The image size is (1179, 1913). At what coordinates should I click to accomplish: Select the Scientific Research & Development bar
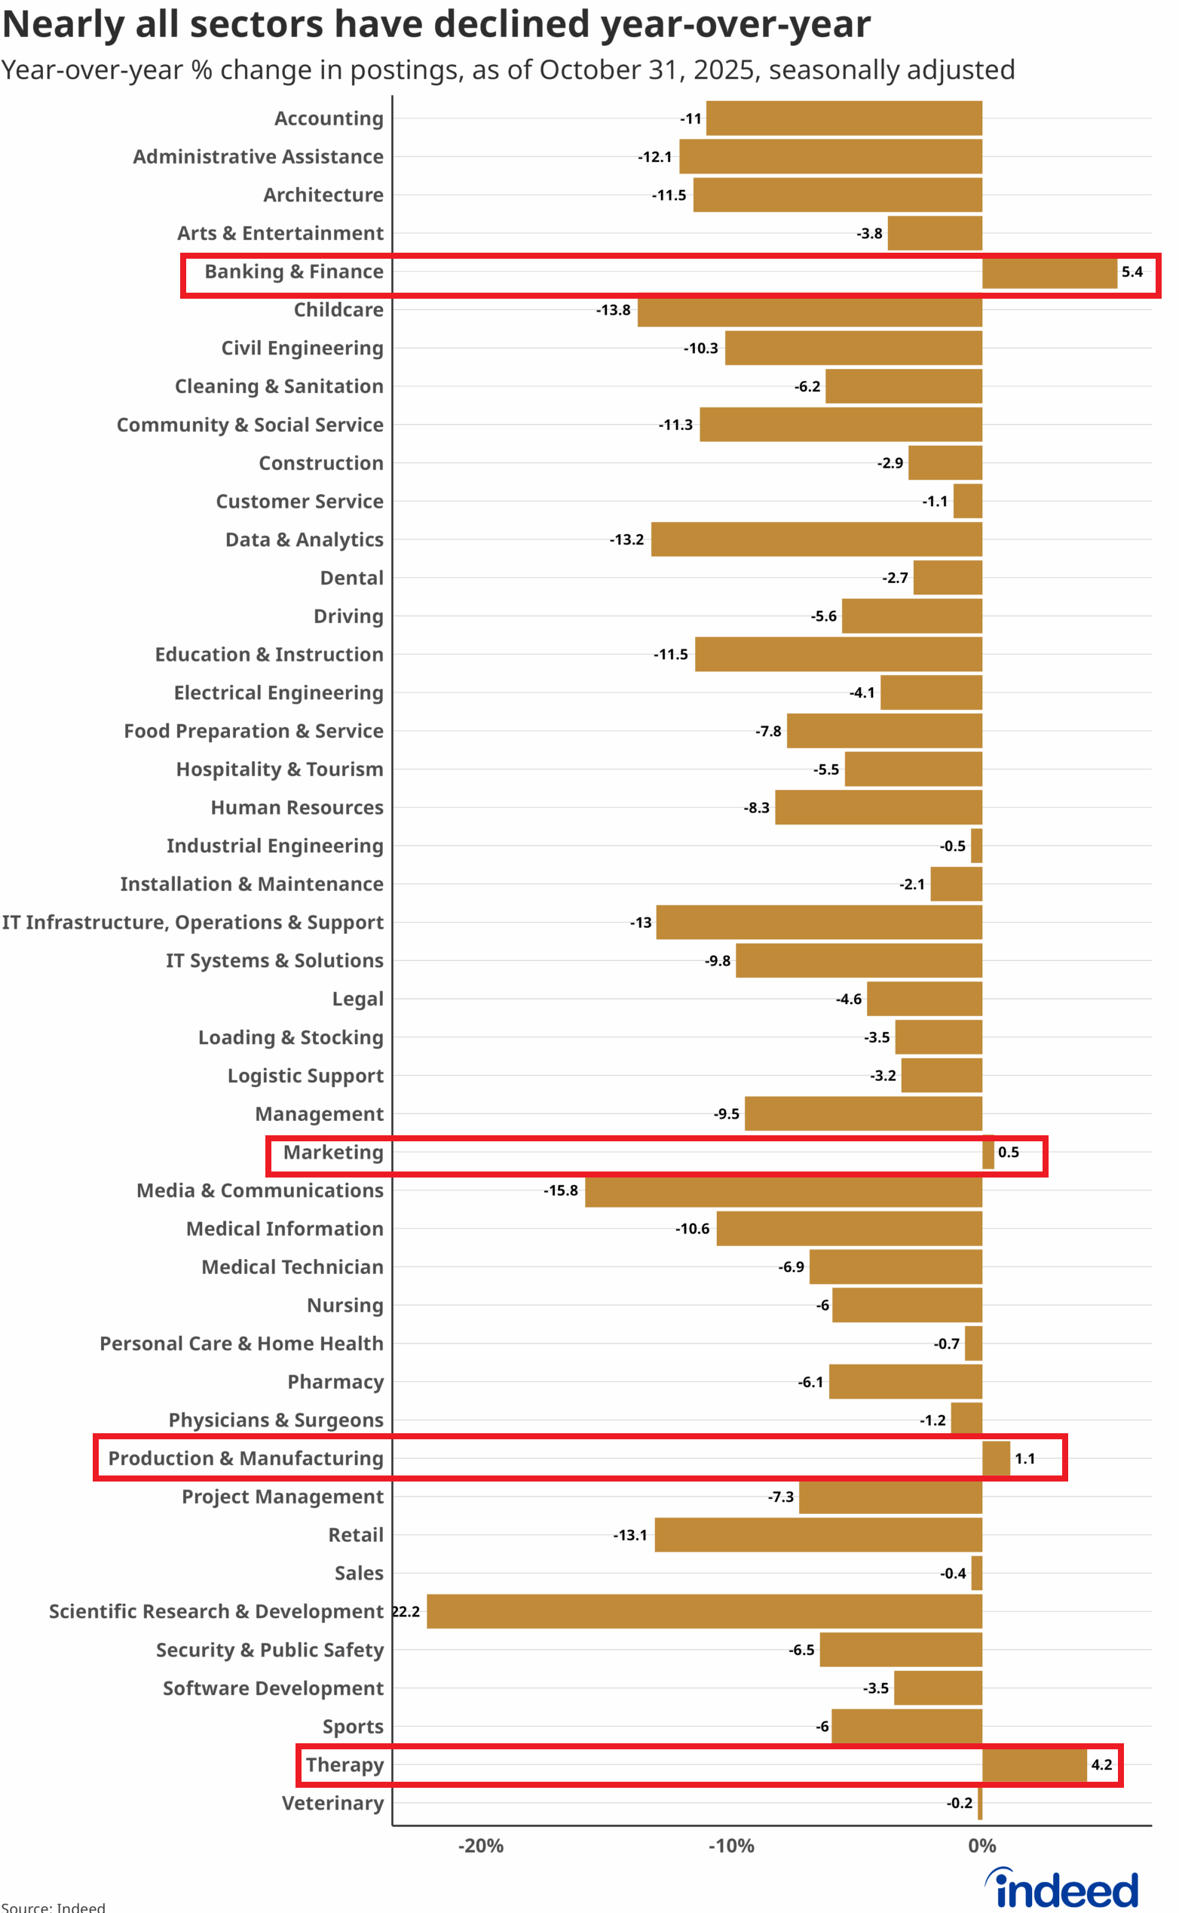coord(703,1611)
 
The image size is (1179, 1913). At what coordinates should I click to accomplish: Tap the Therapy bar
coord(1034,1764)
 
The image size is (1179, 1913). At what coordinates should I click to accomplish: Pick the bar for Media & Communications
coord(783,1190)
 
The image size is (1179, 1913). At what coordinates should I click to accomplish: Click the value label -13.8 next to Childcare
coord(613,311)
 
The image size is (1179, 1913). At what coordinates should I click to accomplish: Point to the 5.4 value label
coord(1132,272)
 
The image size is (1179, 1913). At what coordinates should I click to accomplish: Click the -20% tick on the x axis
coord(480,1846)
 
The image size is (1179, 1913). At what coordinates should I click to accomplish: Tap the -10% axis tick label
coord(730,1846)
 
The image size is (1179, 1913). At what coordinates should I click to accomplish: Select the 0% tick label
coord(981,1846)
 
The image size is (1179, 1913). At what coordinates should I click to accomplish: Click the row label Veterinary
coord(333,1803)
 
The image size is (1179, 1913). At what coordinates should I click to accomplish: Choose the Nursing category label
coord(345,1305)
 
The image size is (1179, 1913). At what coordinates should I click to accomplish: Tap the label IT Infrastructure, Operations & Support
coord(192,922)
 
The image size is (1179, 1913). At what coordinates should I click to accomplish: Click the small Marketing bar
coord(988,1153)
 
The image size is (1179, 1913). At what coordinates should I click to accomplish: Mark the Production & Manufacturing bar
coord(996,1458)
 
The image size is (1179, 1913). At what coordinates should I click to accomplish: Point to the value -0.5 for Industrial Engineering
coord(952,846)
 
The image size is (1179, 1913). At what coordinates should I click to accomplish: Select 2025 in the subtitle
coord(724,70)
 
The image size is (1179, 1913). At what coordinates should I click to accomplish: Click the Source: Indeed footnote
coord(53,1907)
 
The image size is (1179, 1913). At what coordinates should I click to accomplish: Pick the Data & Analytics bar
coord(816,540)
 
